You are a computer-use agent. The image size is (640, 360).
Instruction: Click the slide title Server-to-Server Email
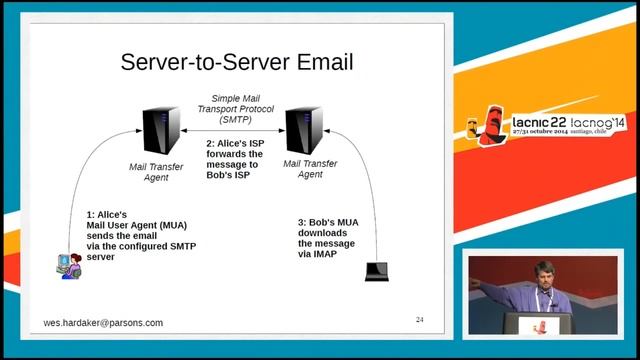pyautogui.click(x=236, y=62)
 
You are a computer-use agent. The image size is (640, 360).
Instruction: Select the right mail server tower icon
pyautogui.click(x=303, y=128)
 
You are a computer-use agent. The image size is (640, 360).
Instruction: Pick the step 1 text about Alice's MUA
pyautogui.click(x=128, y=235)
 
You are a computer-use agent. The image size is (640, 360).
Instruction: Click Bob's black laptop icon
pyautogui.click(x=376, y=270)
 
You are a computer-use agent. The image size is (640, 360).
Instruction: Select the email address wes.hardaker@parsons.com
pyautogui.click(x=103, y=323)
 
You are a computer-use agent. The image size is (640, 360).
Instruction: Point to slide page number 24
pyautogui.click(x=420, y=320)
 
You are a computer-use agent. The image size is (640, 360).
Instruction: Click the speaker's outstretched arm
pyautogui.click(x=497, y=290)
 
